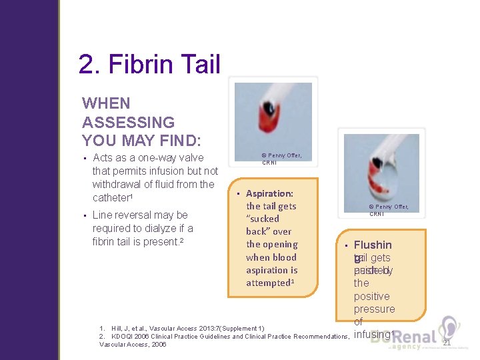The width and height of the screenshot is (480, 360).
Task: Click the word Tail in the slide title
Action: pos(198,65)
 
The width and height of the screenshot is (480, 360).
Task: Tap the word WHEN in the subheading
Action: pos(106,103)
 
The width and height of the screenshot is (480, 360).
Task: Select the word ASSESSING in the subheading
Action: pos(128,123)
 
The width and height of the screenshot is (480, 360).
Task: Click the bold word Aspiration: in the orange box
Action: pos(269,193)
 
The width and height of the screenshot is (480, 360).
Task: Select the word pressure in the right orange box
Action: pos(374,309)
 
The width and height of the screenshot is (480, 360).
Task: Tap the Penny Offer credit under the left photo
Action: pos(281,159)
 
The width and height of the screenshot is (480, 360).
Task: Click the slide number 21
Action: pos(447,343)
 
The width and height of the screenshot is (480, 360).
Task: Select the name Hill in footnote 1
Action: pos(117,329)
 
